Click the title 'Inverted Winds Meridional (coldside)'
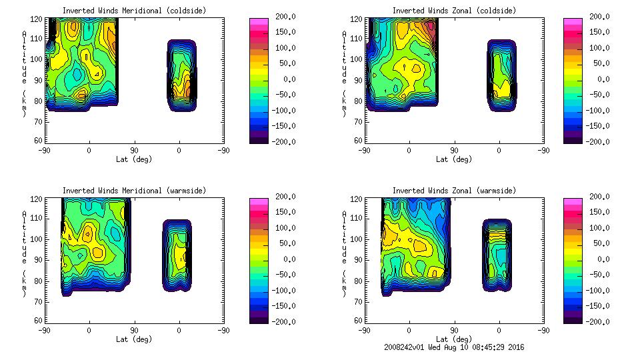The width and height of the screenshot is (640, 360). click(x=134, y=11)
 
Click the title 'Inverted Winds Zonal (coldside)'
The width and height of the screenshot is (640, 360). click(x=454, y=11)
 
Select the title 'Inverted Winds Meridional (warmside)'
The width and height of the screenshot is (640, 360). click(x=134, y=191)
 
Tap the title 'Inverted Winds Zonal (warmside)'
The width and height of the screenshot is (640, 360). click(x=454, y=191)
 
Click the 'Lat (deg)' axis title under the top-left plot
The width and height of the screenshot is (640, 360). click(x=134, y=159)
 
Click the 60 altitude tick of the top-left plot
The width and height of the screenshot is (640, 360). click(x=38, y=140)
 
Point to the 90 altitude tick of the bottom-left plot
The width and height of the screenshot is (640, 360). click(x=38, y=259)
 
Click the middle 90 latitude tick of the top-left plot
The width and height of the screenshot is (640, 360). click(x=134, y=151)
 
